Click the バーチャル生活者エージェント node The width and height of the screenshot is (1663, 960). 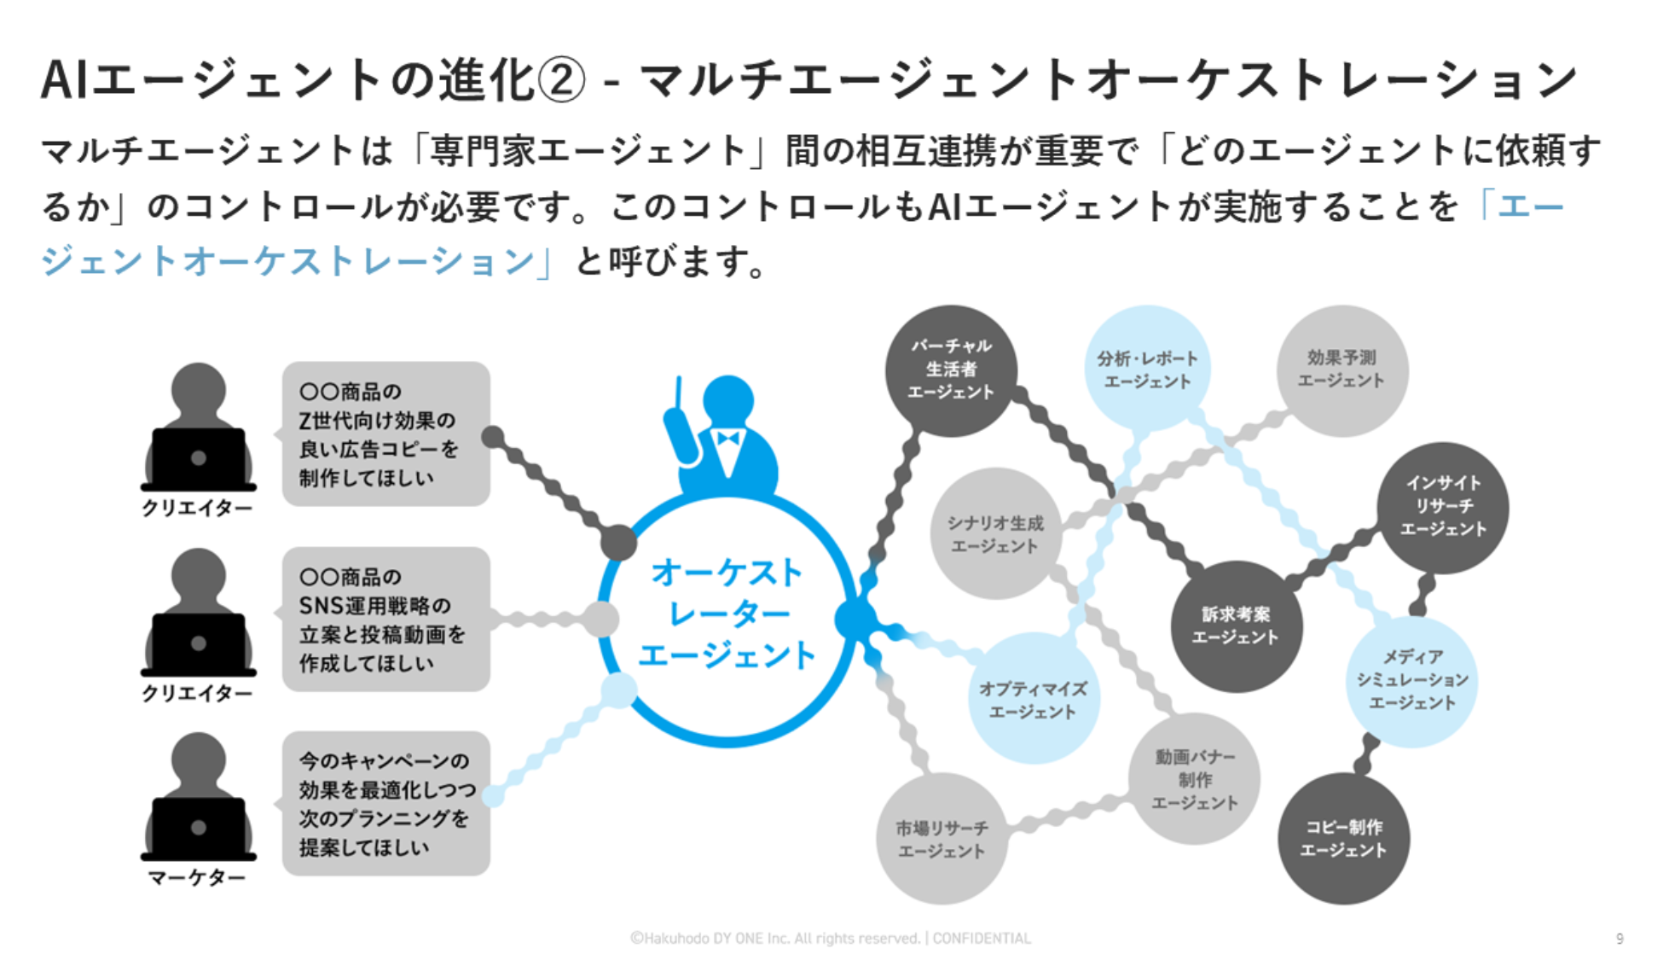click(951, 370)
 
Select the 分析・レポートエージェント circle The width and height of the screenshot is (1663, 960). click(1147, 369)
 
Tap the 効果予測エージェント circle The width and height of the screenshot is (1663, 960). click(1341, 369)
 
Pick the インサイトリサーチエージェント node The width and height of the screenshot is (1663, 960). click(1443, 506)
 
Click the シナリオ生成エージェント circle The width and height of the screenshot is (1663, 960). click(994, 534)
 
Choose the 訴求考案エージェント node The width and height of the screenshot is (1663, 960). click(1236, 625)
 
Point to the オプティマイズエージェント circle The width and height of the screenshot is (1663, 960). click(1033, 699)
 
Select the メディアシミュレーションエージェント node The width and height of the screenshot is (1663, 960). click(1412, 680)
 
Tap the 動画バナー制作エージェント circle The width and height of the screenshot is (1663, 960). click(1194, 779)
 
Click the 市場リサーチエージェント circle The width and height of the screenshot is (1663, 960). click(942, 839)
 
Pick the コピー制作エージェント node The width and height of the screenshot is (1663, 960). click(1343, 839)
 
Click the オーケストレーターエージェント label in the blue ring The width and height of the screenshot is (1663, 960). click(727, 614)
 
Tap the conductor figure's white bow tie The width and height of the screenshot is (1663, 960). click(727, 439)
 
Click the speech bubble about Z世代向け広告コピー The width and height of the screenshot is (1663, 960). click(385, 433)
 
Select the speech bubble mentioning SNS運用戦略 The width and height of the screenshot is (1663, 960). click(385, 620)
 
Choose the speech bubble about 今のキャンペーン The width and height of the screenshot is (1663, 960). click(385, 804)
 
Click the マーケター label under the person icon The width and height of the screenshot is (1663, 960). click(197, 877)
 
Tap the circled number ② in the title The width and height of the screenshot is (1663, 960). click(561, 81)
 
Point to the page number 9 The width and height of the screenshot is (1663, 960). click(1620, 939)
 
